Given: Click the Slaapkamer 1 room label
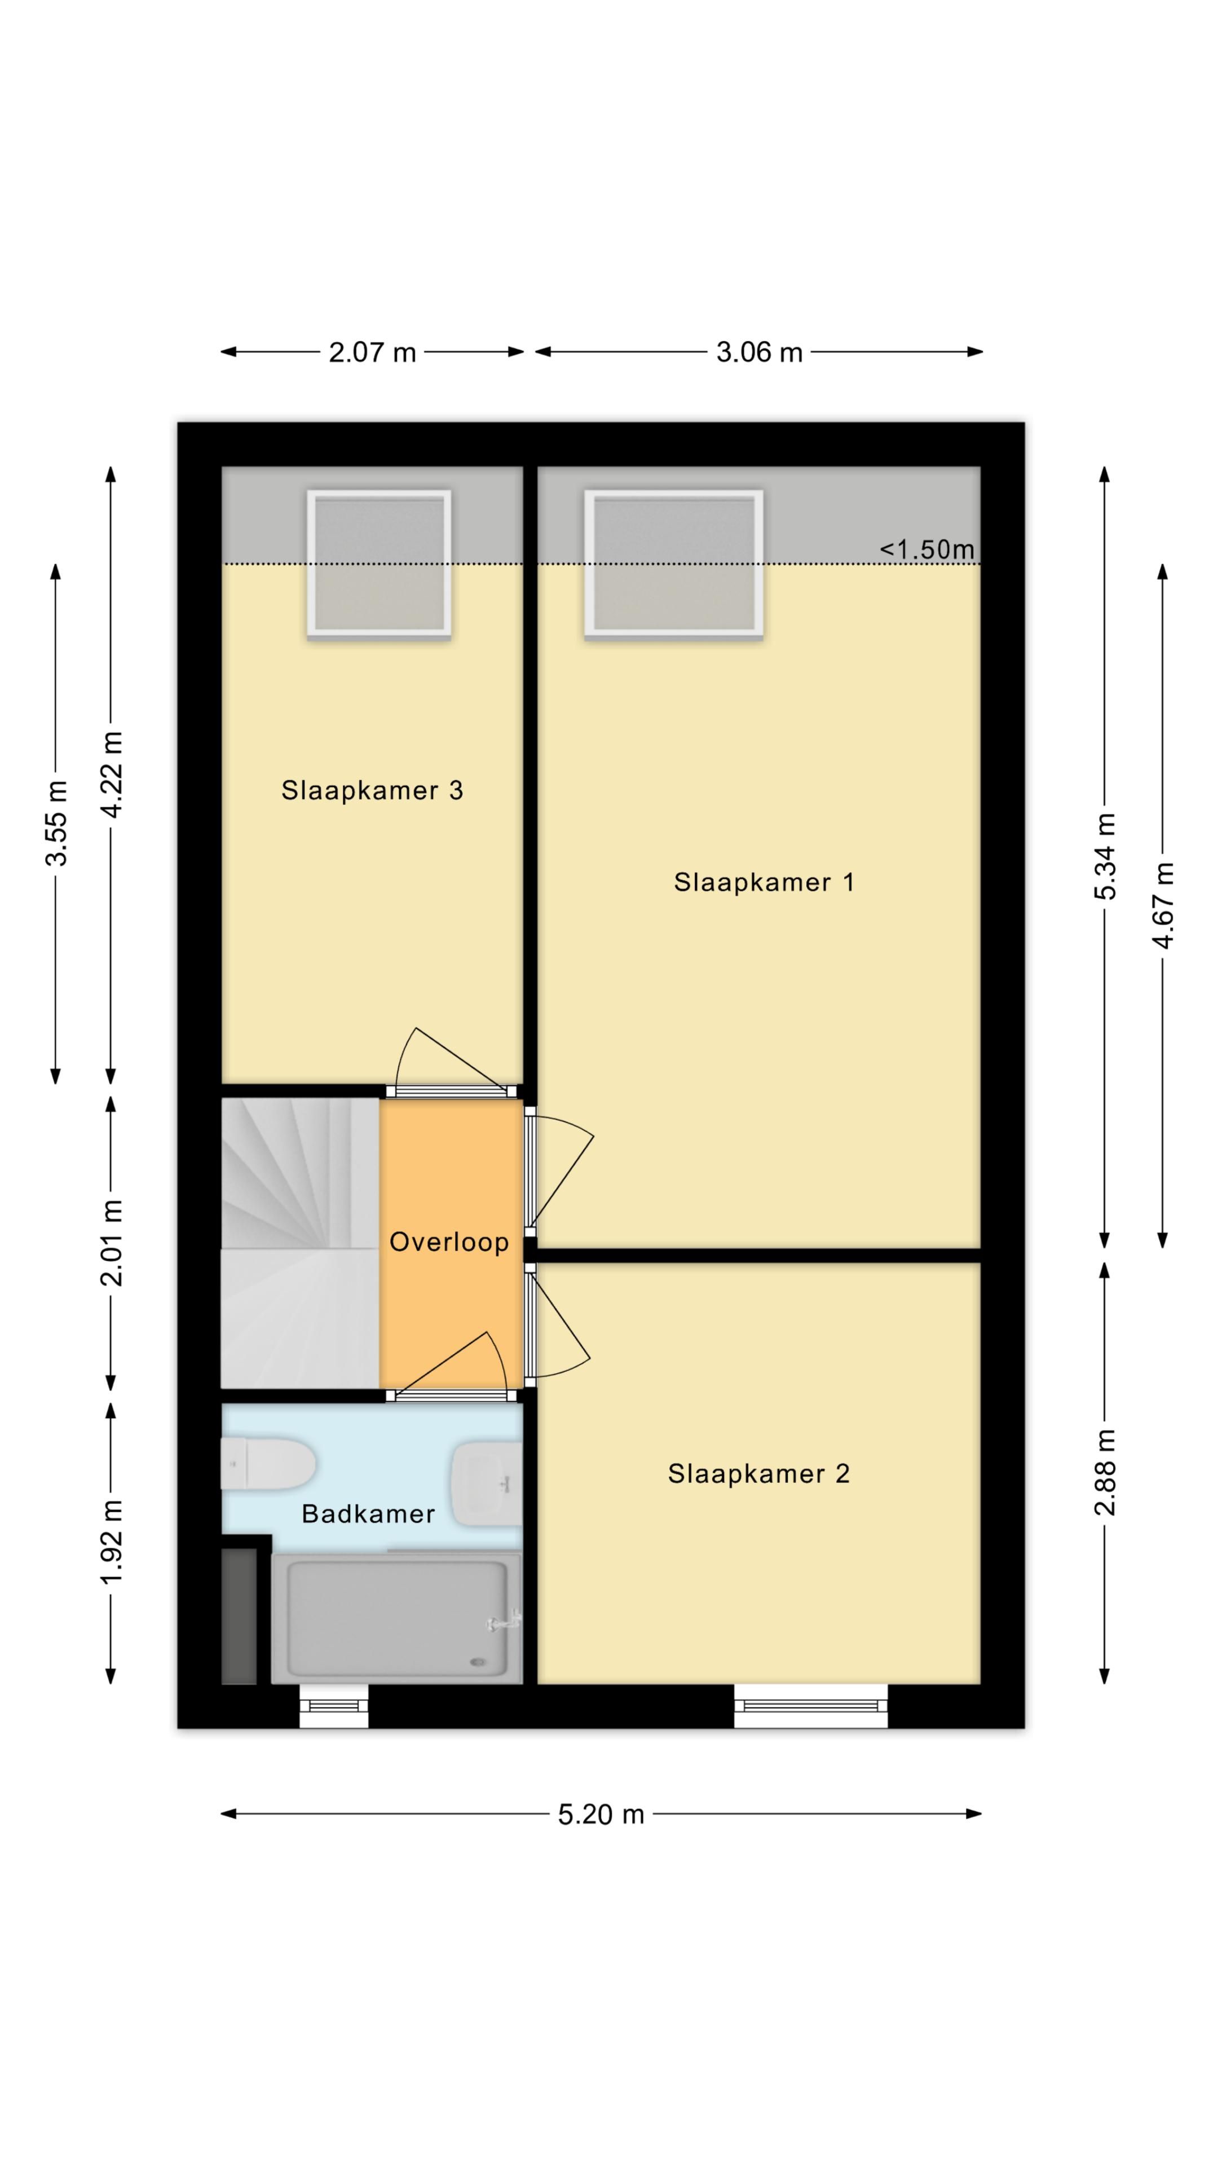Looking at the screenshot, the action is [764, 883].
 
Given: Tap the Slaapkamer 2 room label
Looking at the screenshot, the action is [758, 1474].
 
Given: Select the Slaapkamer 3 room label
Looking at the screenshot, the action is [372, 790].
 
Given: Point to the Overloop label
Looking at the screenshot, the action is [449, 1242].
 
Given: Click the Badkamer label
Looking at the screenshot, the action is [368, 1515].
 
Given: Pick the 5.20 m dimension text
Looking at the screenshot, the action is [601, 1815].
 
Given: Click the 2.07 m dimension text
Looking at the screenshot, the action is [372, 353].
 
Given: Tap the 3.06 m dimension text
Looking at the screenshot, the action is [759, 353].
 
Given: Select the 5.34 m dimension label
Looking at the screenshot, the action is [1105, 856].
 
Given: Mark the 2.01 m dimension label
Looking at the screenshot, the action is [111, 1243].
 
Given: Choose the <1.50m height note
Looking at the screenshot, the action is [927, 550].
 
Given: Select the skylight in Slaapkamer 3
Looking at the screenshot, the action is [379, 563].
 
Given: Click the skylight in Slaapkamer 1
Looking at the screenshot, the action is [674, 563].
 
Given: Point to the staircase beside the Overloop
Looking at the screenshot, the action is [299, 1244].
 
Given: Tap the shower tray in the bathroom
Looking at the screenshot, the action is [397, 1619].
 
